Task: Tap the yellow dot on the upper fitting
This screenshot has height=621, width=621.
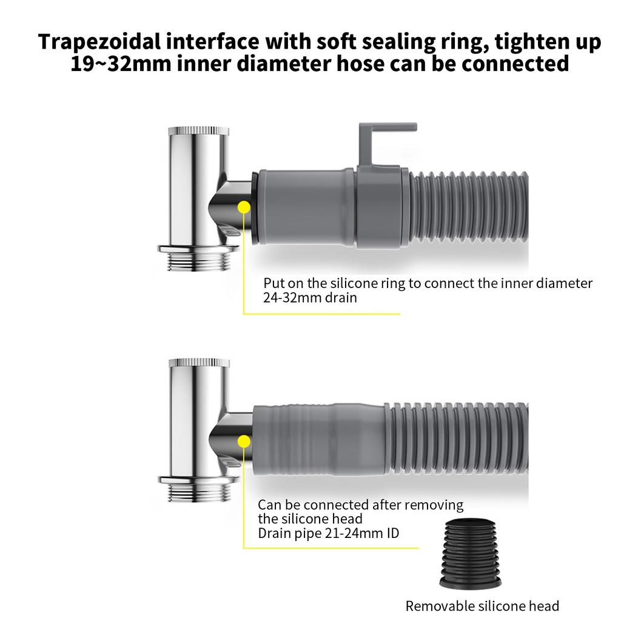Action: [244, 206]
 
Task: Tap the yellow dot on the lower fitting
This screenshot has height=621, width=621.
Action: [244, 441]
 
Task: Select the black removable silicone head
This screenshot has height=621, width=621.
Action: [471, 554]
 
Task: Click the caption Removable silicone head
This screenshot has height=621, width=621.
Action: [482, 605]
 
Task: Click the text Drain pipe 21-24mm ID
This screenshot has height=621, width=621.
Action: [328, 534]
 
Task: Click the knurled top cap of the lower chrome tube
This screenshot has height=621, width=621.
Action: [198, 363]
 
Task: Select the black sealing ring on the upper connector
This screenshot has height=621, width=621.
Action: [253, 206]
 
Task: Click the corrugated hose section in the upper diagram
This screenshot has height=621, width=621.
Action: [467, 209]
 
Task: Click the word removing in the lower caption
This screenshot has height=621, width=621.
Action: [434, 505]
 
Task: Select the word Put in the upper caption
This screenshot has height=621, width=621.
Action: [274, 283]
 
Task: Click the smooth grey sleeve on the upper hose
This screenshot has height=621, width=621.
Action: [303, 206]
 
